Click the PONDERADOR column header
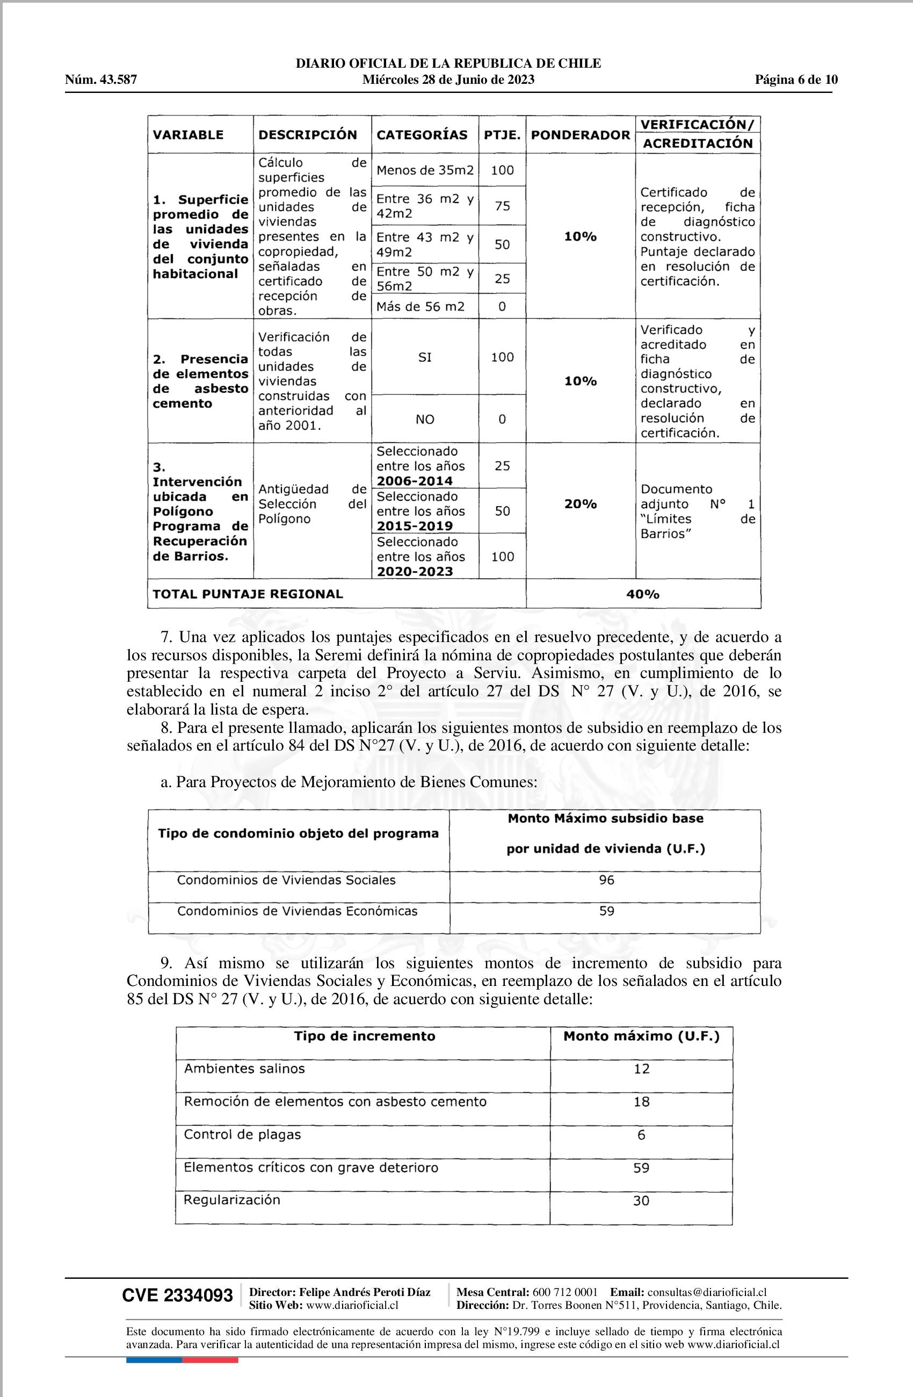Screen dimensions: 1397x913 [x=581, y=135]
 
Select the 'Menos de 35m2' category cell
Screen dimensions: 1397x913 [x=425, y=170]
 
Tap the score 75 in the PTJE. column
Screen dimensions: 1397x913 [x=502, y=206]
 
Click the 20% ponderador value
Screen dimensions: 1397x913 [x=581, y=503]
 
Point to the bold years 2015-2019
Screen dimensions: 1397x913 [x=415, y=526]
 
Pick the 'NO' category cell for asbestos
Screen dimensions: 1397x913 [x=425, y=419]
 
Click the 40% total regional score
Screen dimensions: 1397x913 [x=642, y=594]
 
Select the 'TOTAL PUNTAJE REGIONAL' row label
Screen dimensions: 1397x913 [x=248, y=594]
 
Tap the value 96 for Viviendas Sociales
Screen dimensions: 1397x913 [x=606, y=880]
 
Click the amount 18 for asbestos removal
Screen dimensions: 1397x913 [x=641, y=1102]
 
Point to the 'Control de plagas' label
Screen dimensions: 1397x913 [x=242, y=1135]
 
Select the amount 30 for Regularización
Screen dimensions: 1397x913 [x=641, y=1201]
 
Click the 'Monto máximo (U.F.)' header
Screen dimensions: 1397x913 [x=641, y=1036]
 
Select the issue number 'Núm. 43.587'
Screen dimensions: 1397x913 [x=101, y=80]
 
